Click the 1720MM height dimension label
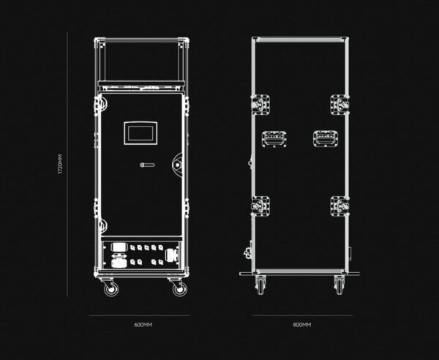pyautogui.click(x=61, y=164)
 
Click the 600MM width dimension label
pyautogui.click(x=143, y=325)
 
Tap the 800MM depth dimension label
pyautogui.click(x=302, y=325)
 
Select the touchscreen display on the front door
pyautogui.click(x=140, y=133)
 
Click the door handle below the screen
pyautogui.click(x=147, y=165)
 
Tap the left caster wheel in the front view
pyautogui.click(x=110, y=288)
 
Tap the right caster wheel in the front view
pyautogui.click(x=179, y=289)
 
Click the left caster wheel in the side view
pyautogui.click(x=260, y=285)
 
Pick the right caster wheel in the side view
pyautogui.click(x=339, y=285)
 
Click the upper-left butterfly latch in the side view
pyautogui.click(x=260, y=105)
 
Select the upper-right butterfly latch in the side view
pyautogui.click(x=339, y=105)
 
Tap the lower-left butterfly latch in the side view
pyautogui.click(x=260, y=206)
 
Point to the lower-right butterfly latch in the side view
pyautogui.click(x=339, y=206)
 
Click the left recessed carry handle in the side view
pyautogui.click(x=274, y=139)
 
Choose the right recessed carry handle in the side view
pyautogui.click(x=326, y=138)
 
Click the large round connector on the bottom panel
pyautogui.click(x=170, y=255)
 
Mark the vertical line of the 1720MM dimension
pyautogui.click(x=67, y=165)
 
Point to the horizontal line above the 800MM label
pyautogui.click(x=303, y=315)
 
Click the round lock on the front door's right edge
pyautogui.click(x=178, y=164)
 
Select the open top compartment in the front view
pyautogui.click(x=140, y=61)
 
